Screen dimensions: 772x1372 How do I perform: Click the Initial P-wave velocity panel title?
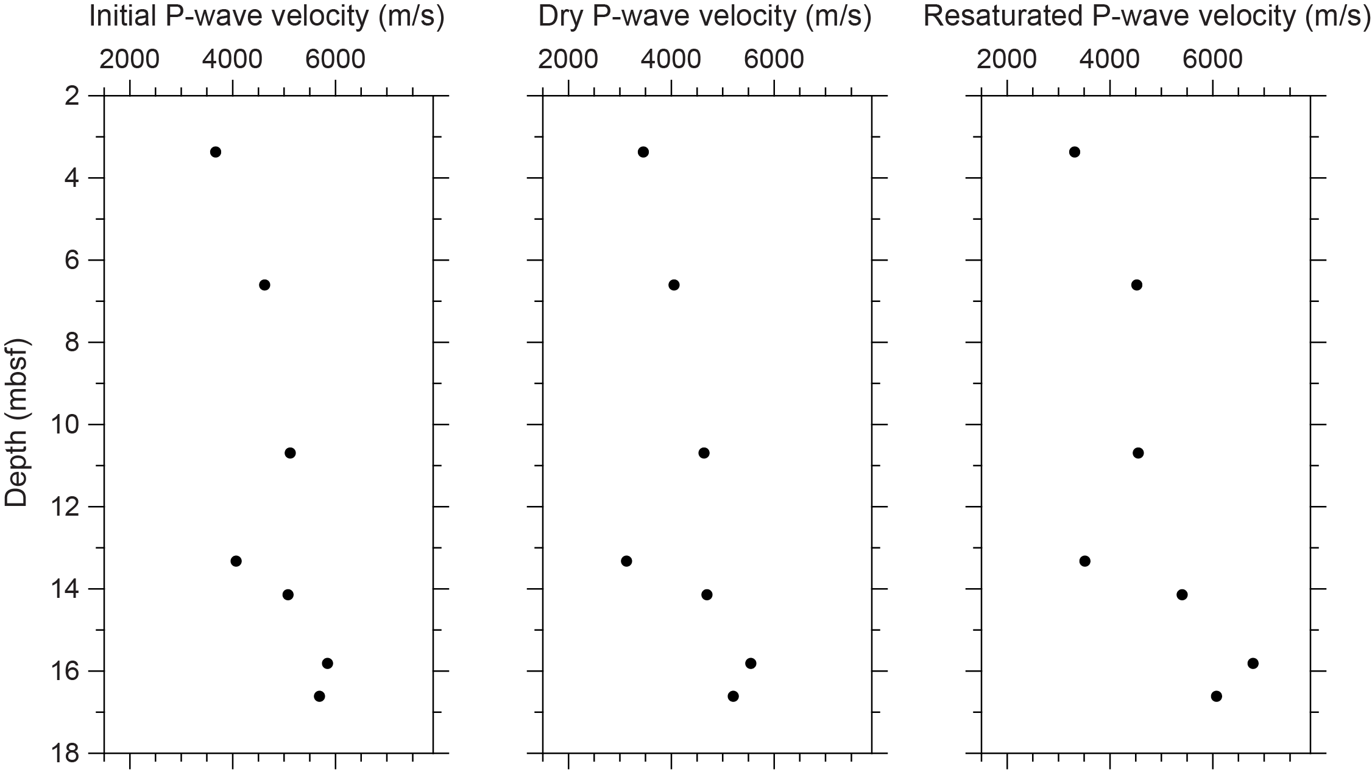(266, 17)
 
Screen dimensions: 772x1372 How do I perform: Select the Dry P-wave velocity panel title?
(705, 17)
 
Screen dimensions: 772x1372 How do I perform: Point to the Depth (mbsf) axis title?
(16, 423)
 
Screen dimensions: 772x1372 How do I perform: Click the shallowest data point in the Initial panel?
(215, 152)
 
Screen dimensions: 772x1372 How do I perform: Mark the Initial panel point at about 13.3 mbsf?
(236, 561)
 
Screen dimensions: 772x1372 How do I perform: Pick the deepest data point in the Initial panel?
(319, 696)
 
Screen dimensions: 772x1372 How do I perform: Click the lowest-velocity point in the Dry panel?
(626, 561)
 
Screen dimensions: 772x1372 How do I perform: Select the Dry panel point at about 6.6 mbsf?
(674, 285)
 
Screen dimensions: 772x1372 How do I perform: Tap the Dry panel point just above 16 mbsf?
(751, 663)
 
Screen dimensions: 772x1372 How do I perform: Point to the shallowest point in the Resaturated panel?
(1075, 152)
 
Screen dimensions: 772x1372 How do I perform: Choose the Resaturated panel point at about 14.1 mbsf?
(1182, 594)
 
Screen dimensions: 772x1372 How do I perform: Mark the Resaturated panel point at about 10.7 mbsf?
(1138, 453)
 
